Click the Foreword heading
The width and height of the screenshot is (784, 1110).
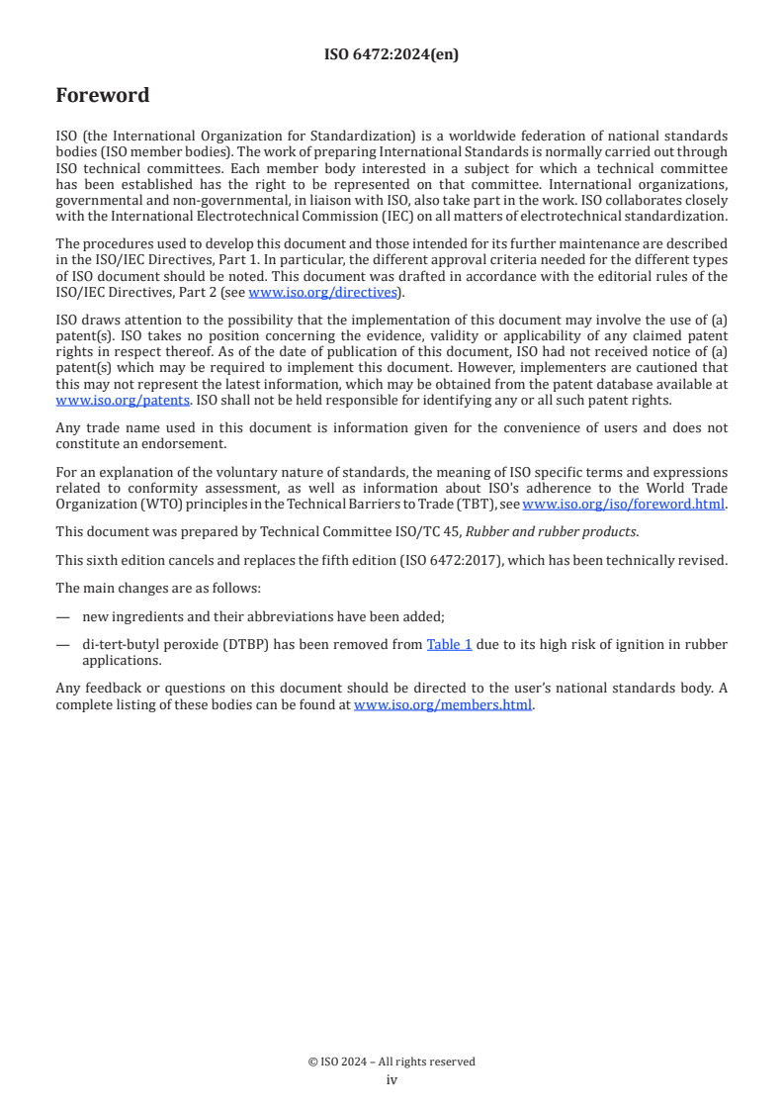(x=103, y=96)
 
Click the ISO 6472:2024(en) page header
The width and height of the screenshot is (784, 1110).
(x=392, y=55)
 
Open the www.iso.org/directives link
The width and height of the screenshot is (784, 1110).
(x=323, y=292)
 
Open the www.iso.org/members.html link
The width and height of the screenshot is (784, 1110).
(x=443, y=705)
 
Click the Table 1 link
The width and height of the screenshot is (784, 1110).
(x=449, y=644)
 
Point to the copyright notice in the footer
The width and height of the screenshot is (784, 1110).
(x=392, y=1062)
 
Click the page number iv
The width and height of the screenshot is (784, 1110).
(x=392, y=1079)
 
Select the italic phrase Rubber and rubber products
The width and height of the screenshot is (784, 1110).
(x=551, y=531)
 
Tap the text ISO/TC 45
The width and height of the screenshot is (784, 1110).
(x=430, y=531)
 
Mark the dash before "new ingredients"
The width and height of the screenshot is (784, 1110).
(x=63, y=616)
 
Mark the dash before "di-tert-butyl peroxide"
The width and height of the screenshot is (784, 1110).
(x=63, y=644)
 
